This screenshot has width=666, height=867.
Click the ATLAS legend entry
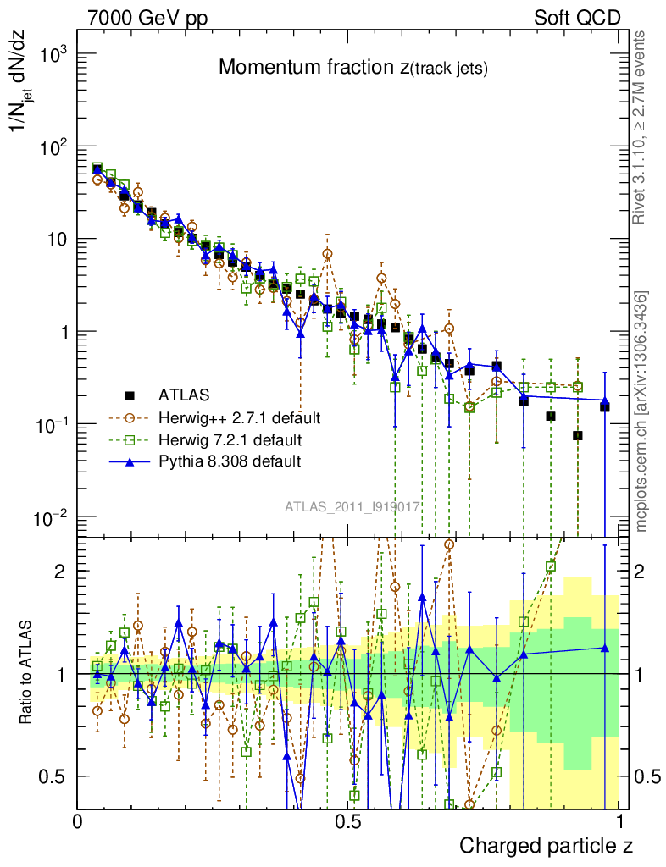click(182, 395)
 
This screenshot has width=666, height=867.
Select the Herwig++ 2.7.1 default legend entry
click(238, 417)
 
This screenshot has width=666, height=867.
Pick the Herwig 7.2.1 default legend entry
click(230, 439)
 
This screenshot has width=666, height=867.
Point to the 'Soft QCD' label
click(577, 18)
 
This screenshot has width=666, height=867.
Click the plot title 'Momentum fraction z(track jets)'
click(352, 69)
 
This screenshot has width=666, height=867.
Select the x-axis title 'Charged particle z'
click(546, 845)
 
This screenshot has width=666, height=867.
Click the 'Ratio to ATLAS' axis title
click(28, 673)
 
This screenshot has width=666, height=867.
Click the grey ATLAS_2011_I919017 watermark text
click(352, 506)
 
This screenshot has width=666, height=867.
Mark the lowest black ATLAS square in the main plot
click(578, 435)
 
